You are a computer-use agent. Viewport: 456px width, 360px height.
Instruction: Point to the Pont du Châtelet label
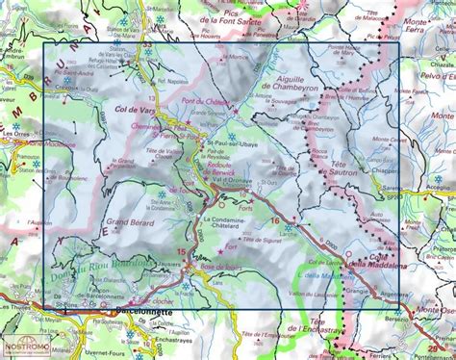[204, 102]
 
